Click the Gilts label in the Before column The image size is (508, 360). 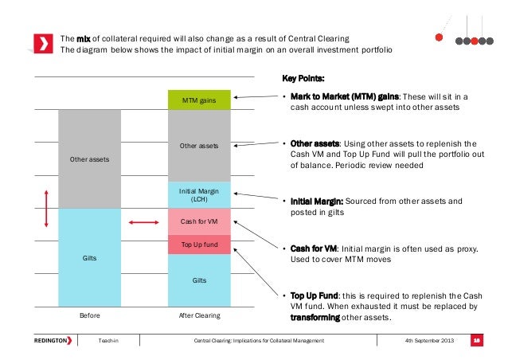pos(90,258)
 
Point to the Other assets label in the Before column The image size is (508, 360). pos(90,159)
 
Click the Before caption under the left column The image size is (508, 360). pos(90,315)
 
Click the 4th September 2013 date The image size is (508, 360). pos(430,341)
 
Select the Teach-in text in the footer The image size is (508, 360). pos(107,341)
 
